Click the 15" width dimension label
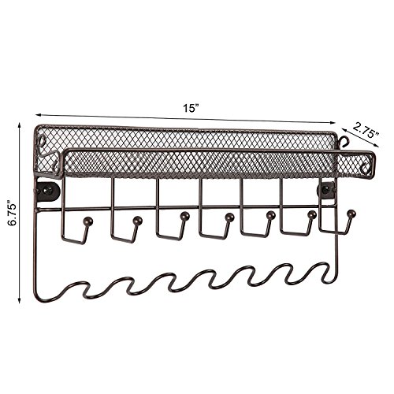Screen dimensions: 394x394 (x=191, y=108)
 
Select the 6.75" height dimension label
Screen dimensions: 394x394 (x=13, y=213)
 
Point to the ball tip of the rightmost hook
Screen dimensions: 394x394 (x=351, y=214)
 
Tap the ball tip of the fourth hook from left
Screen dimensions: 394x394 (x=229, y=217)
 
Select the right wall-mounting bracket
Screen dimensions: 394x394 (x=327, y=190)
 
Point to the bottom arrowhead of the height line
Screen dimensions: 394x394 (x=19, y=300)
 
